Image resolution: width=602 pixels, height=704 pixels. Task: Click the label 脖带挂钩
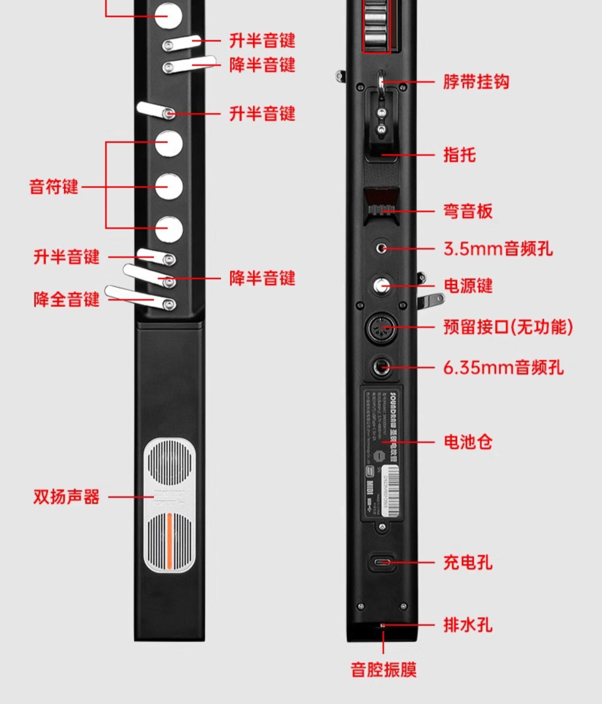(x=476, y=82)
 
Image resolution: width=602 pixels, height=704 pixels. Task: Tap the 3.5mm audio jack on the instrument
(x=381, y=248)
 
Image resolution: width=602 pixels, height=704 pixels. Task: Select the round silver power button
(x=381, y=286)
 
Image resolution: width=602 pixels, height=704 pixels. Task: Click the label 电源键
(x=468, y=286)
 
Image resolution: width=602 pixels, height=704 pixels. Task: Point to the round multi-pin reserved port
(x=381, y=328)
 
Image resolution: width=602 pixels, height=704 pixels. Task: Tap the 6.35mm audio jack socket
(x=381, y=367)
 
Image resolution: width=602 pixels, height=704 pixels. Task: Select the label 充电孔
(x=468, y=562)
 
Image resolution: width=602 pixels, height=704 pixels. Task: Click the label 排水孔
(x=468, y=625)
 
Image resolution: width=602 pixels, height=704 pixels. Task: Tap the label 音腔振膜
(x=384, y=670)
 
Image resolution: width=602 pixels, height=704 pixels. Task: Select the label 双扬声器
(x=66, y=497)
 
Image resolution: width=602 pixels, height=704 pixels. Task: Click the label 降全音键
(x=66, y=299)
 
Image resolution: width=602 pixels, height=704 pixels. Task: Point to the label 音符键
(x=54, y=187)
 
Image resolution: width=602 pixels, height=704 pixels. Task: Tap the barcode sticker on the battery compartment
(x=390, y=490)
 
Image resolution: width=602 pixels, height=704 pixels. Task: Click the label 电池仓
(x=468, y=442)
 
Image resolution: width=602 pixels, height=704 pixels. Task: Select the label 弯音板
(x=468, y=211)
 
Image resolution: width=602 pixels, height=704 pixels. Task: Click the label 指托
(x=460, y=155)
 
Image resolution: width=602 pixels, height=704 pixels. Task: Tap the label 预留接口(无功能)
(x=508, y=327)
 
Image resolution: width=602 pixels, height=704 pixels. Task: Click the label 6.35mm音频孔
(x=503, y=367)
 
